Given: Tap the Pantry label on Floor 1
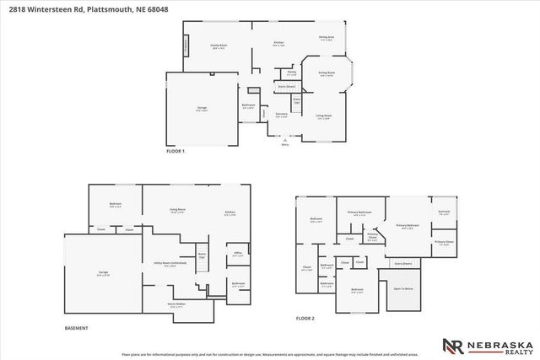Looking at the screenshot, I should [x=292, y=73].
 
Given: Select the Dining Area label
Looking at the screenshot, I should [x=327, y=37].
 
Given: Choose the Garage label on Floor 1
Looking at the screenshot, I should [x=202, y=109].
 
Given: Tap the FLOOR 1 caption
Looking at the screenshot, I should [x=175, y=151].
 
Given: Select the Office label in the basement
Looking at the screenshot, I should [x=238, y=254].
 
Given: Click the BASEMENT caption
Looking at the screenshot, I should [x=76, y=326].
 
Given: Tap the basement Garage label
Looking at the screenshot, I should [x=103, y=273].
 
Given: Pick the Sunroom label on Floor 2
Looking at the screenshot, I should [x=444, y=212].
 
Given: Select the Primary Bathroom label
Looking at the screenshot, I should [x=359, y=212].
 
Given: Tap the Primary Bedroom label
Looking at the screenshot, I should [x=408, y=226].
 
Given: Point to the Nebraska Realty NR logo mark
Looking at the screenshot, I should [x=453, y=345].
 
